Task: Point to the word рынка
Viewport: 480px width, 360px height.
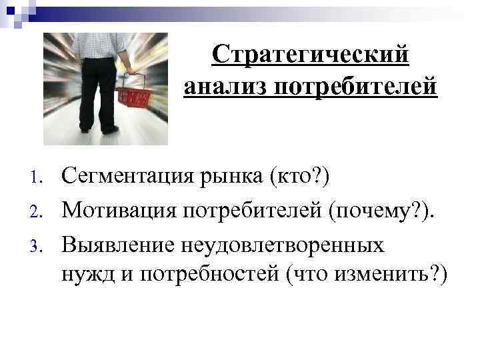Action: (x=231, y=178)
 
